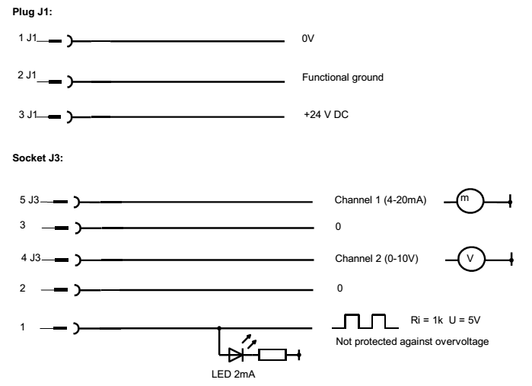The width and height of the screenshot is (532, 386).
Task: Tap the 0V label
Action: pyautogui.click(x=308, y=38)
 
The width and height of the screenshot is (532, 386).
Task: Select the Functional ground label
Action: pyautogui.click(x=339, y=78)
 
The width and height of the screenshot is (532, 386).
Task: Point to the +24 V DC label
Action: pyautogui.click(x=326, y=116)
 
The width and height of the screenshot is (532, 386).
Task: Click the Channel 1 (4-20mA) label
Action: pyautogui.click(x=380, y=201)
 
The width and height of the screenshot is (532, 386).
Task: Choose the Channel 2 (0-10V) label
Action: pyautogui.click(x=377, y=259)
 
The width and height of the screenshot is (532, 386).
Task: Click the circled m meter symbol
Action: pyautogui.click(x=465, y=201)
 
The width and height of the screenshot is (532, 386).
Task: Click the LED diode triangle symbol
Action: pyautogui.click(x=233, y=355)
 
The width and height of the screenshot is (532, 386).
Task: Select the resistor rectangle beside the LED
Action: pyautogui.click(x=272, y=355)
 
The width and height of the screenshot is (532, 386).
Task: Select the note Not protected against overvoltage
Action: pyautogui.click(x=412, y=340)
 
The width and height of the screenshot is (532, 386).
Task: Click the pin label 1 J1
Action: pyautogui.click(x=28, y=38)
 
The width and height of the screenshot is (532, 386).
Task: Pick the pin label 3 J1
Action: pyautogui.click(x=28, y=116)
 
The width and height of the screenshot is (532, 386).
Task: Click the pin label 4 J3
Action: pyautogui.click(x=30, y=259)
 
